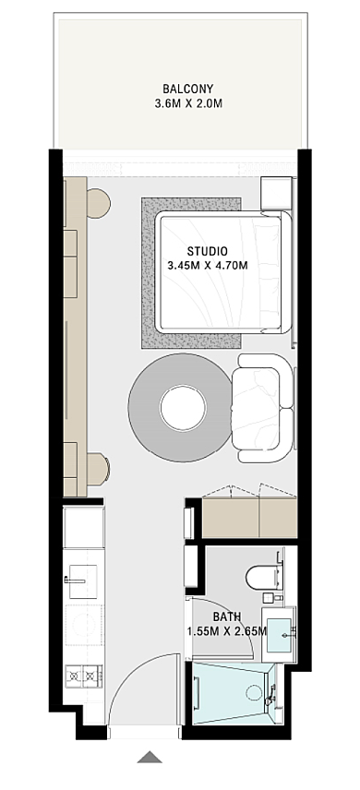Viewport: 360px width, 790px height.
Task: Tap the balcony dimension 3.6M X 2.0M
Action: pos(188,104)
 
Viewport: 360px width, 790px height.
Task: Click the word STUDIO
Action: pos(207,251)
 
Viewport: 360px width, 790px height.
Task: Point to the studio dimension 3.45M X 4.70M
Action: pos(208,266)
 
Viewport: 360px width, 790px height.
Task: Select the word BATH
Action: pos(226,616)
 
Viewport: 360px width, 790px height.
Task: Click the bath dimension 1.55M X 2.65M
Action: pos(226,630)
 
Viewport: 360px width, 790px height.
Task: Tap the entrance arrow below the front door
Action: pos(150,757)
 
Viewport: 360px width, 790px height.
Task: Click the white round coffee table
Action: pos(183,407)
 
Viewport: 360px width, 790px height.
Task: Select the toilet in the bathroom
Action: pos(263,577)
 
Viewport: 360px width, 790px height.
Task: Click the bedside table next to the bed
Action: pos(276,194)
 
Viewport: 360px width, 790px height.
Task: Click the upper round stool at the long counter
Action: pos(99,203)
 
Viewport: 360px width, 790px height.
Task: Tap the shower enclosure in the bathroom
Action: pos(234,693)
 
